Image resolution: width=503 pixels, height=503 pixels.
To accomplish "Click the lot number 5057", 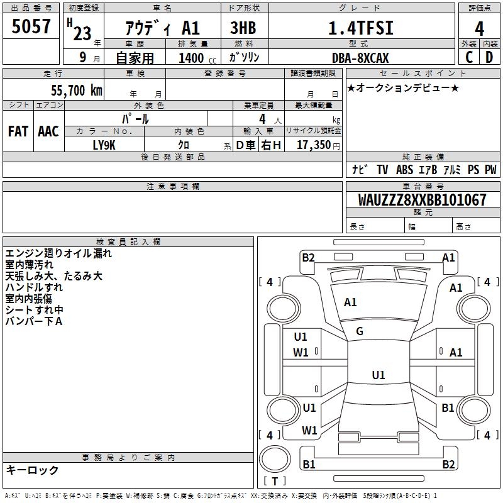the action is coord(31,27).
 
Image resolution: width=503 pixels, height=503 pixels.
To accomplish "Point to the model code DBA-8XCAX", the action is coord(360,58).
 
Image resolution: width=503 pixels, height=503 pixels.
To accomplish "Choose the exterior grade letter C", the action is coord(469,58).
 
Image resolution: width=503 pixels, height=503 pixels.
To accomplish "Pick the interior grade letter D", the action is coord(489,58).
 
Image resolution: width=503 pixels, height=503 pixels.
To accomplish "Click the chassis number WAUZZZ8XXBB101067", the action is coord(423,200).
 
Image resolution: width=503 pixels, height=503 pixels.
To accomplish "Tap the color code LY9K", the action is coord(104,145).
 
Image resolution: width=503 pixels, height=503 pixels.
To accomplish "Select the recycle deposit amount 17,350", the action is coord(314,145).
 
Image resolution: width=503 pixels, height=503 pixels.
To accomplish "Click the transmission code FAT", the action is coord(18,131).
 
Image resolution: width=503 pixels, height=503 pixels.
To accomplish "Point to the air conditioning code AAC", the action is coord(48,131).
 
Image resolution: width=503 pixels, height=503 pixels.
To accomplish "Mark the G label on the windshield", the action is coord(360,331).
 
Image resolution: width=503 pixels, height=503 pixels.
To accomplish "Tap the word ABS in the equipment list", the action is coord(404,170).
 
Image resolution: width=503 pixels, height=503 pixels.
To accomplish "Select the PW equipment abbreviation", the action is coord(490,170).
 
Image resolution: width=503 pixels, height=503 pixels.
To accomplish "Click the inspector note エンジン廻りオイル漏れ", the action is coord(58,253).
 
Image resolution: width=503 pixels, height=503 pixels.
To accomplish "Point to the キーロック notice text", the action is coord(32,470).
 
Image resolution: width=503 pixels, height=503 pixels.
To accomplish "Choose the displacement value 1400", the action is coord(191,58).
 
